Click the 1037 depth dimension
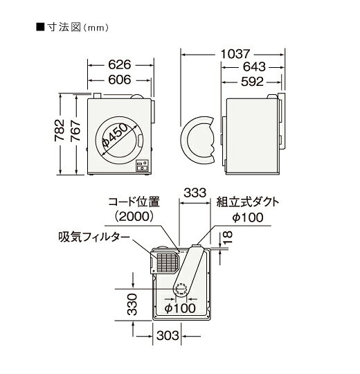coord(235,53)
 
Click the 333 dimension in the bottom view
coord(197,191)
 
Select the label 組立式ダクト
coord(248,202)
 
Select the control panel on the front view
coord(143,166)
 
